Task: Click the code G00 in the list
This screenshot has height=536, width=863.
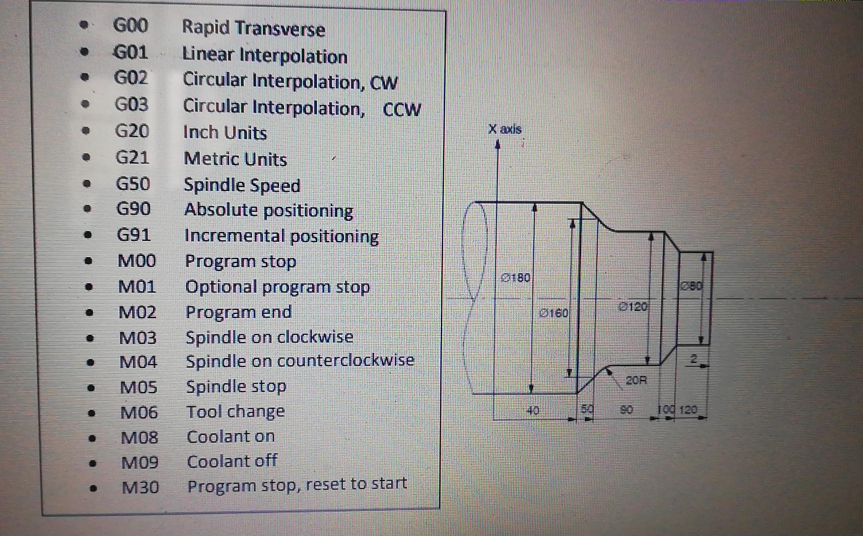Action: pos(130,25)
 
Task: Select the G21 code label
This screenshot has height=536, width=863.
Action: pos(132,157)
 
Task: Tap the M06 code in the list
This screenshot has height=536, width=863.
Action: pos(139,412)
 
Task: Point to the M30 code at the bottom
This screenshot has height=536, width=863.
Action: pos(140,487)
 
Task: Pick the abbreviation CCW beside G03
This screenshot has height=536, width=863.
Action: pos(401,110)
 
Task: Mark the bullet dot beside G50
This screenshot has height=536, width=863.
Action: pos(87,184)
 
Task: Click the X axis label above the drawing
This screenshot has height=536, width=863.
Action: pos(504,129)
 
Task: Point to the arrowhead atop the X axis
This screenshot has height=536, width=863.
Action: pos(497,145)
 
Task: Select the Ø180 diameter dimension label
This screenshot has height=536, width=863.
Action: pos(516,278)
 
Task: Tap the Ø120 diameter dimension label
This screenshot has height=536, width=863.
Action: pos(633,306)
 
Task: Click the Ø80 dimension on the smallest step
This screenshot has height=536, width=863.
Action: pos(691,286)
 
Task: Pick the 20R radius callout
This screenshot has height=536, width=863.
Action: pos(636,380)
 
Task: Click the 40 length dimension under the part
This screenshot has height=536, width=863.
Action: pos(533,410)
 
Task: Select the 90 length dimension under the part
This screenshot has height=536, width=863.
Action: pos(626,409)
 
